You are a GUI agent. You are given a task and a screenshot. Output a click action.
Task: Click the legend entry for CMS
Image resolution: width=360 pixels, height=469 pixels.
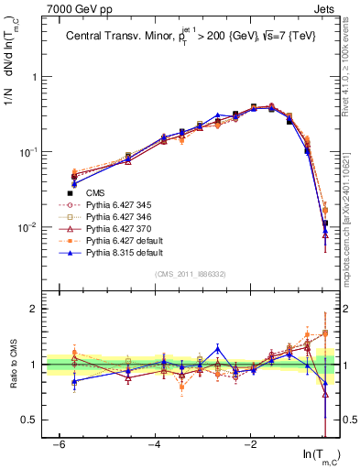point(95,192)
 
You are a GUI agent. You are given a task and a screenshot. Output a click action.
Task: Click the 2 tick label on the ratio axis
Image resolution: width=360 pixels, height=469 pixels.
point(34,309)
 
